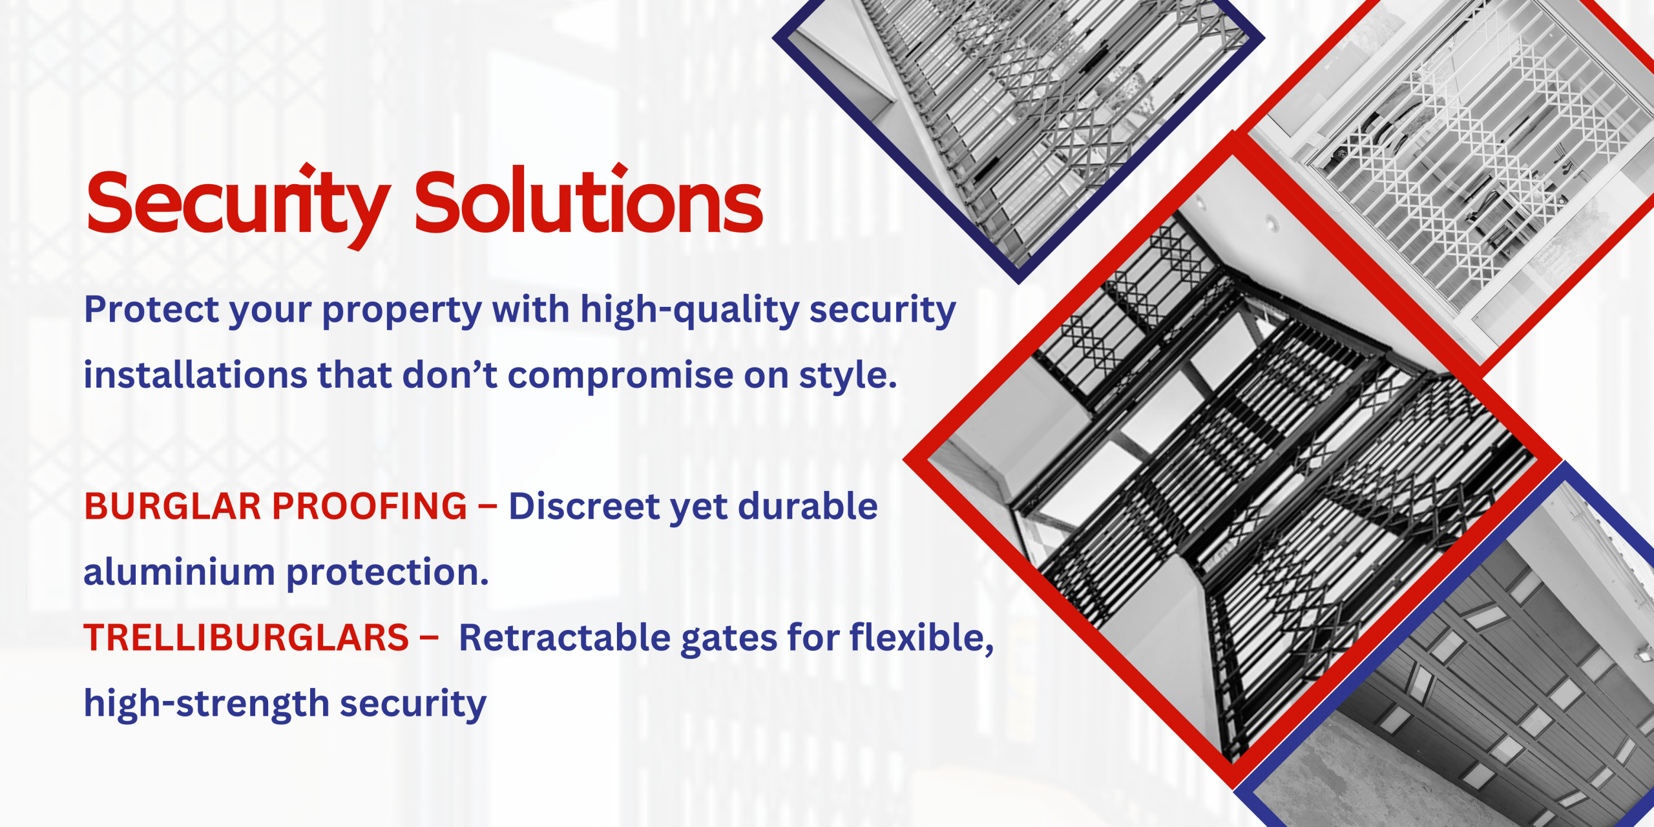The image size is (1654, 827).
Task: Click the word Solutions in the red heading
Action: click(x=589, y=201)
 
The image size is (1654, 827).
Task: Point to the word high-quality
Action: click(x=689, y=310)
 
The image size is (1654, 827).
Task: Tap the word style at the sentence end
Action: click(x=848, y=376)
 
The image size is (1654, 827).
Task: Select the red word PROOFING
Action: click(x=369, y=506)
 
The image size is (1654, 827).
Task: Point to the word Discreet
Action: click(x=585, y=506)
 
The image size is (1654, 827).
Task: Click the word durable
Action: click(x=808, y=506)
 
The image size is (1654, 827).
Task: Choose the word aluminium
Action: click(x=180, y=572)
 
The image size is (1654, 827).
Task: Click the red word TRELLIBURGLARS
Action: click(x=246, y=638)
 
